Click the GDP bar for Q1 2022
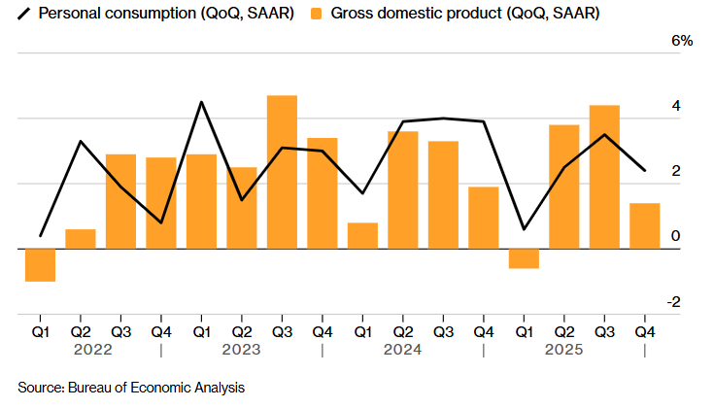coord(40,265)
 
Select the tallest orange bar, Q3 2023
coord(282,172)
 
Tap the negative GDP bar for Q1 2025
coord(524,258)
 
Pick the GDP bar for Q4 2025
coord(644,225)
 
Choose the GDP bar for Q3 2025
coord(604,177)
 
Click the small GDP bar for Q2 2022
coord(81,239)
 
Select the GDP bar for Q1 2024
coord(362,235)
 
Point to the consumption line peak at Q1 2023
coord(201,102)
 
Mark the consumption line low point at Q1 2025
coord(524,229)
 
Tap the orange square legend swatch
coord(316,14)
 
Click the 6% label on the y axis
coord(682,41)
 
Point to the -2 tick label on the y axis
coord(672,302)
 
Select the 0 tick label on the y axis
coord(675,237)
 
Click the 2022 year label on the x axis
coord(101,350)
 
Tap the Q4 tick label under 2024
coord(483,331)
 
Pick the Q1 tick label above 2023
coord(201,331)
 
